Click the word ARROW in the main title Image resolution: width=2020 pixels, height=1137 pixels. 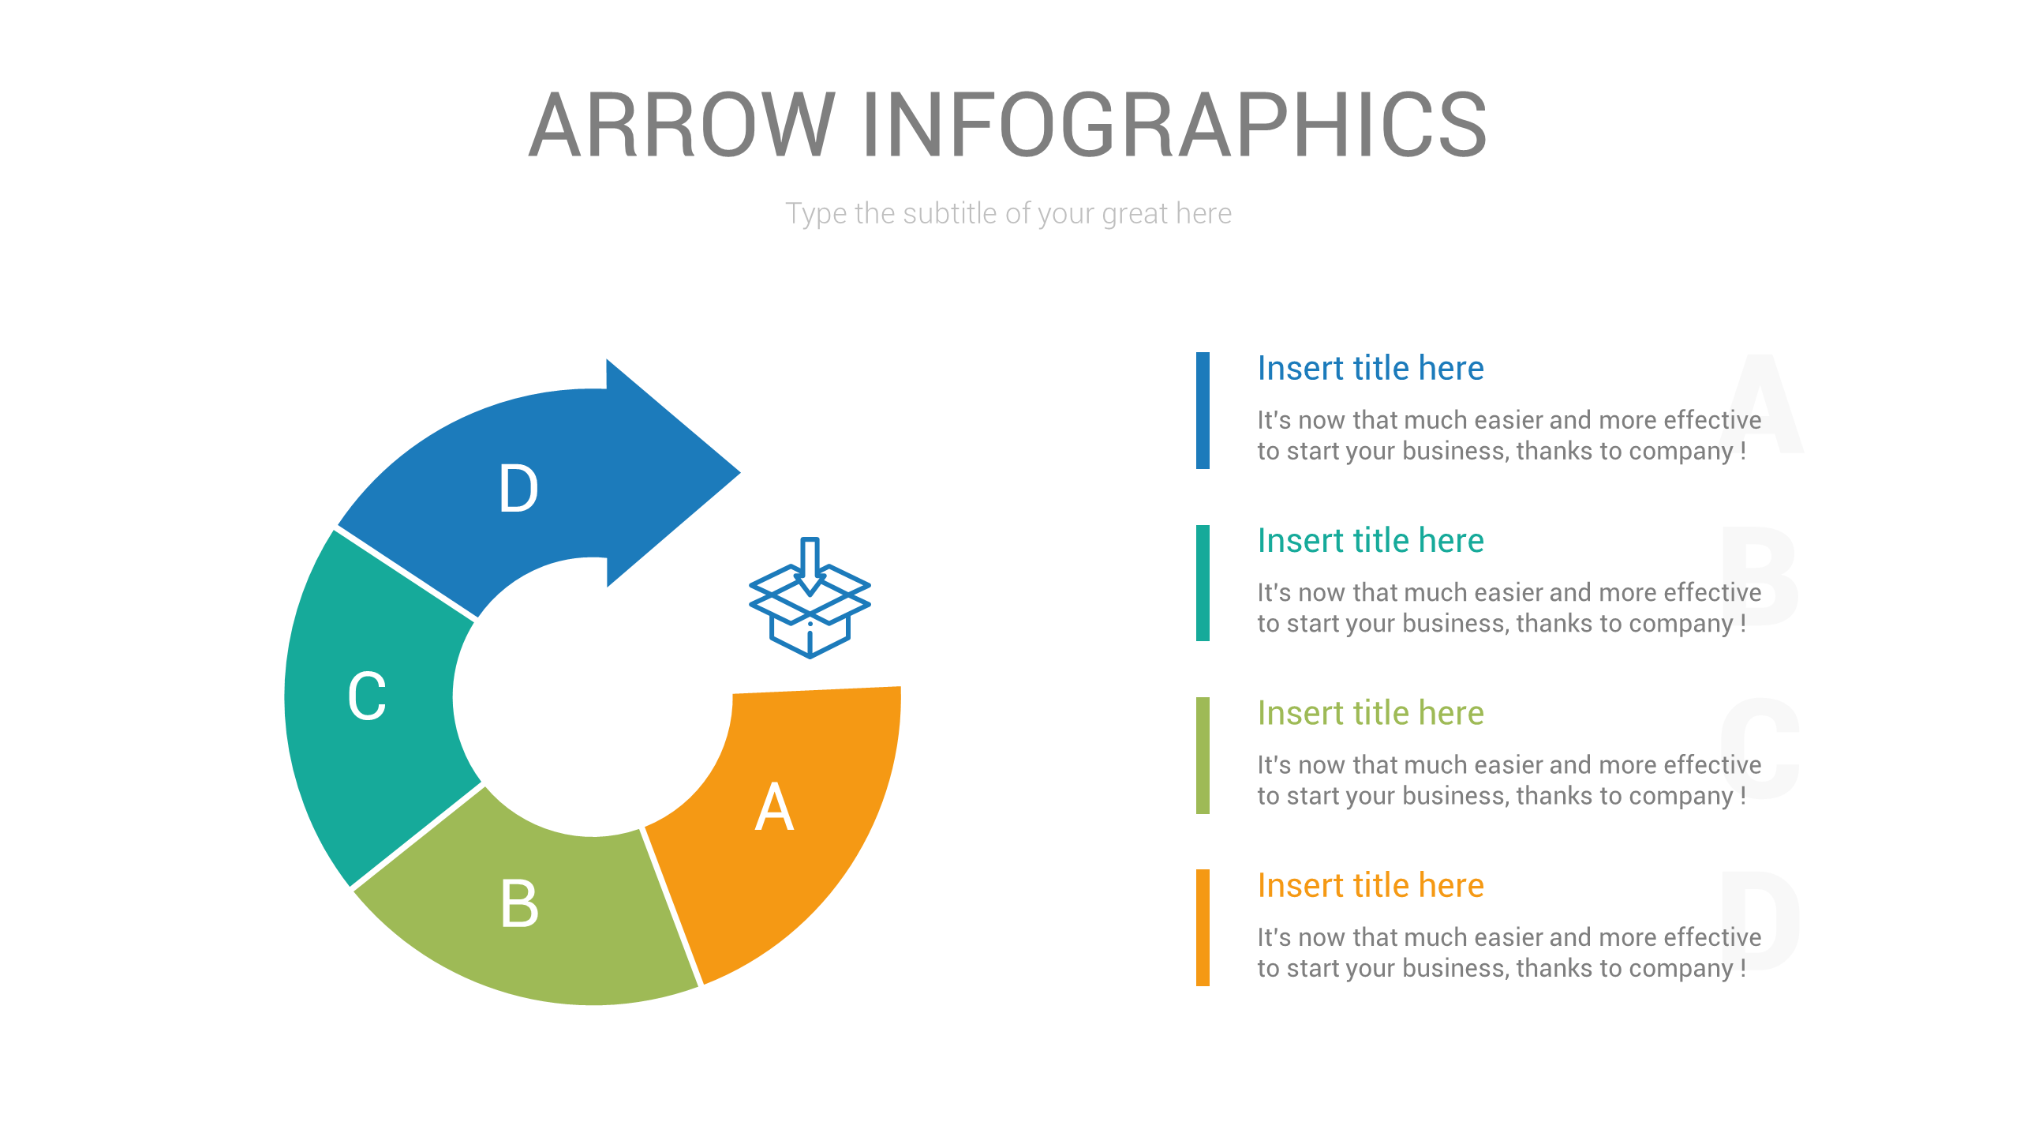tap(682, 124)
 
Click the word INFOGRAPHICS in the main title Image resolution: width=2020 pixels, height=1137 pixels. tap(1175, 124)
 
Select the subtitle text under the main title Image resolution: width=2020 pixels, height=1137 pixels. tap(1008, 214)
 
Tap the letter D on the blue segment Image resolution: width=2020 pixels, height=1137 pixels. tap(518, 489)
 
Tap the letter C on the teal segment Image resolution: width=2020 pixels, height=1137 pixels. tap(367, 696)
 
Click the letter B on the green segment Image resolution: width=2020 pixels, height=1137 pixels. tap(519, 902)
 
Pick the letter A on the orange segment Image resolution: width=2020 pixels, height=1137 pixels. tap(774, 806)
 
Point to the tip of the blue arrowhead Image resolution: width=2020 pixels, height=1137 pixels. tap(740, 473)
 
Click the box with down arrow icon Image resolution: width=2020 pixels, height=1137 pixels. tap(810, 598)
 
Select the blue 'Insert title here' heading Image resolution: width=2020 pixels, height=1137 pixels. tap(1371, 368)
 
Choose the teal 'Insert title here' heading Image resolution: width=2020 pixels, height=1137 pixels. tap(1371, 541)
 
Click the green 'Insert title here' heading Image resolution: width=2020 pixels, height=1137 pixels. tap(1371, 713)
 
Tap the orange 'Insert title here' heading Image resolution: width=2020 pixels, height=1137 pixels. tap(1371, 885)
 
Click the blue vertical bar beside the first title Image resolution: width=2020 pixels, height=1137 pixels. tap(1203, 411)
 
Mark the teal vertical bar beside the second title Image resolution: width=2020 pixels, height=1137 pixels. tap(1203, 583)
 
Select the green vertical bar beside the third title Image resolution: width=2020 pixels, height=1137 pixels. tap(1203, 756)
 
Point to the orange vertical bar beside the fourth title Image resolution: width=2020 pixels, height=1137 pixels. tap(1203, 928)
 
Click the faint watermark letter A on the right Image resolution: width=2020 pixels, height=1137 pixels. tap(1761, 403)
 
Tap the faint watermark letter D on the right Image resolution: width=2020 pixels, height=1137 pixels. tap(1760, 921)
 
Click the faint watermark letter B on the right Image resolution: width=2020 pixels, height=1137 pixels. tap(1760, 576)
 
